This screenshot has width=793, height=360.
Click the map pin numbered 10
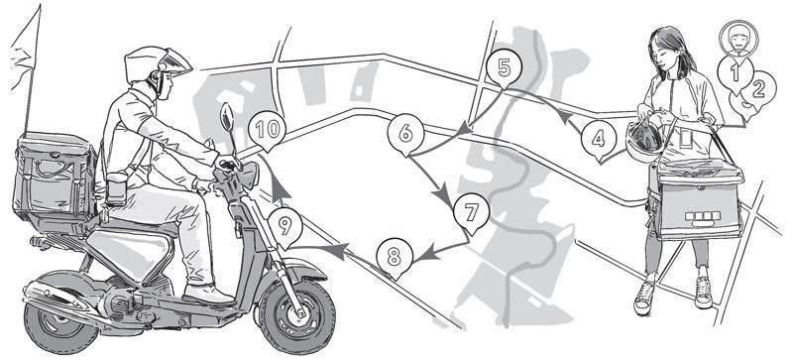(x=267, y=131)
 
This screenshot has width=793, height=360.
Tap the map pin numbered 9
(x=284, y=228)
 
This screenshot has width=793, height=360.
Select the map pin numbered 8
(x=395, y=257)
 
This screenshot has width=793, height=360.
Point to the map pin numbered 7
(x=472, y=212)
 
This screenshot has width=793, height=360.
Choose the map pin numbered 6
(x=405, y=134)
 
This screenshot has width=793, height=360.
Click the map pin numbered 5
(x=504, y=68)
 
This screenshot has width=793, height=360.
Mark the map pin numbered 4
(x=599, y=139)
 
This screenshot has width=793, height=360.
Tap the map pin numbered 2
(x=758, y=90)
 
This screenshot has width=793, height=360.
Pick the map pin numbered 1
(x=735, y=74)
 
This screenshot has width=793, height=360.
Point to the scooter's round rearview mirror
(x=226, y=117)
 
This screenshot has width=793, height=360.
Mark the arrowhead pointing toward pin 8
(x=428, y=252)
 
